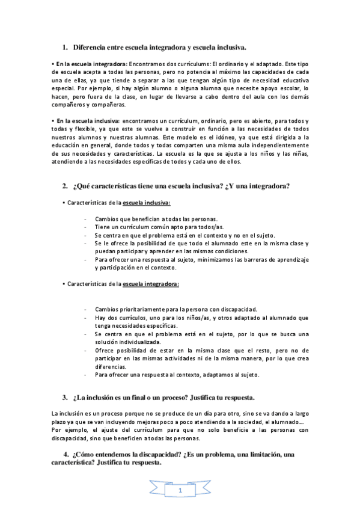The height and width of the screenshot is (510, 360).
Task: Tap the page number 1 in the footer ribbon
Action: (x=180, y=492)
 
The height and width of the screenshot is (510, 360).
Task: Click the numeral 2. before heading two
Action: (x=66, y=186)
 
